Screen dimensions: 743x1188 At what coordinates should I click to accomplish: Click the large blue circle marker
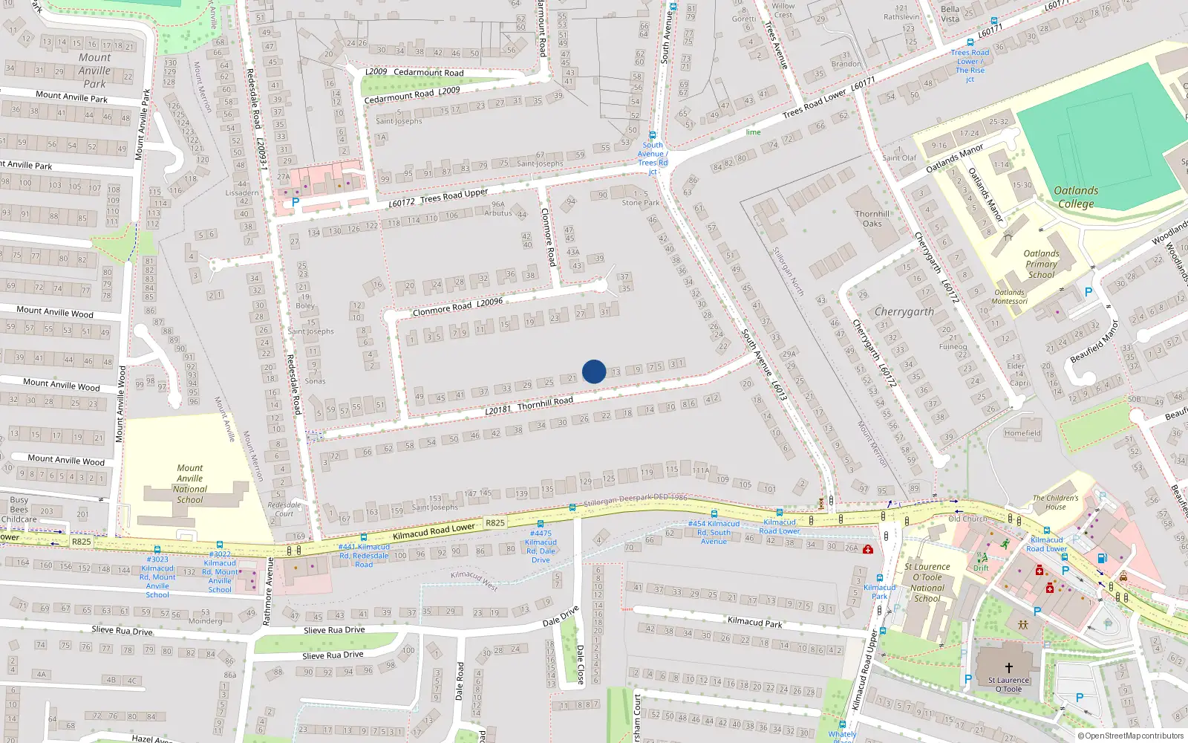(x=594, y=371)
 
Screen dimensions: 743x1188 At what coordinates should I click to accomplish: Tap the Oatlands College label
(x=1076, y=197)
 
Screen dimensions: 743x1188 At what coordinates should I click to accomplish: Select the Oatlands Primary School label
(x=1041, y=264)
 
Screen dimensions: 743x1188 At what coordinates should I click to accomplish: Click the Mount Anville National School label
(x=189, y=484)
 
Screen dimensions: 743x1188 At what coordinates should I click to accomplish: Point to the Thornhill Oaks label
(x=872, y=218)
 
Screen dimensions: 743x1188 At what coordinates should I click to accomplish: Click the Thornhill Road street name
(x=545, y=403)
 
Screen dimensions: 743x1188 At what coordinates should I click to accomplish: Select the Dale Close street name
(x=581, y=664)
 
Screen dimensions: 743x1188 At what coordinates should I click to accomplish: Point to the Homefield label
(x=1022, y=433)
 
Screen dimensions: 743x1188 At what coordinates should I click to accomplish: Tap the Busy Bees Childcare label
(x=19, y=510)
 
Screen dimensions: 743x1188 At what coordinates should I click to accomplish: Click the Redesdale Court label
(x=284, y=509)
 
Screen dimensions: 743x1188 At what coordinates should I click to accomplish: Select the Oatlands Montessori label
(x=1010, y=296)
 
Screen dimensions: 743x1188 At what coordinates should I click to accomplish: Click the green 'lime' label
(x=753, y=132)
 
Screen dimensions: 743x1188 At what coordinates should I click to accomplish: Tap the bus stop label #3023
(x=157, y=559)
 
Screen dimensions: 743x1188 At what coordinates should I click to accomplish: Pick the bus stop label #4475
(x=541, y=533)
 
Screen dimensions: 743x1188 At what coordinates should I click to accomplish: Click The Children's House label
(x=1055, y=502)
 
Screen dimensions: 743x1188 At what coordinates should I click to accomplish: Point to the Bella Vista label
(x=950, y=14)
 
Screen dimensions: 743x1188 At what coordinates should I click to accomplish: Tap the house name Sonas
(x=315, y=381)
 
